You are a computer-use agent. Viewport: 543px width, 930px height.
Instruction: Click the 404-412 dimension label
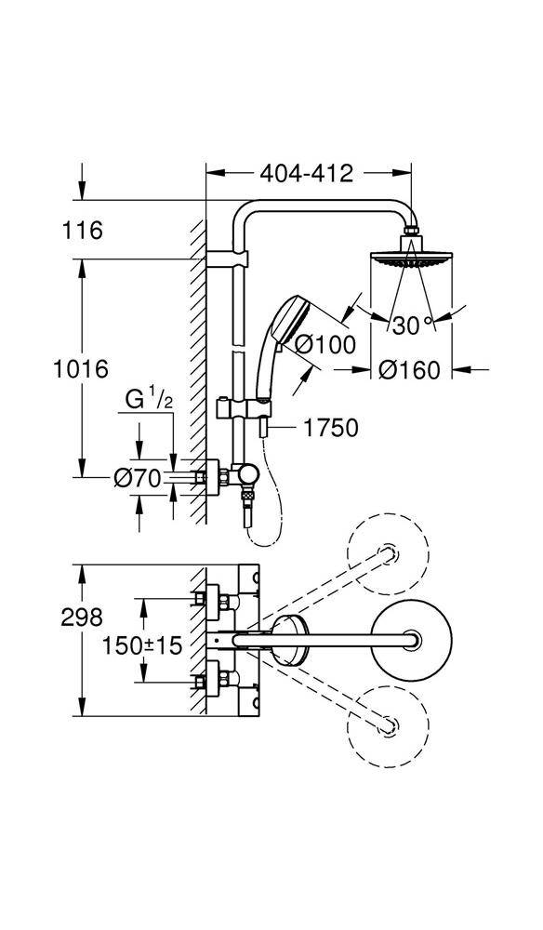(307, 173)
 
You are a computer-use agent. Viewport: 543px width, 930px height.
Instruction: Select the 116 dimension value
(83, 230)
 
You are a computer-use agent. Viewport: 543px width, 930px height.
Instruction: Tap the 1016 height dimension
(81, 369)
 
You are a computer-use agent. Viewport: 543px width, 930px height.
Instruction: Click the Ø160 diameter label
(410, 370)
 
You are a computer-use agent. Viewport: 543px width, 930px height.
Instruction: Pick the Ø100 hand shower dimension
(325, 344)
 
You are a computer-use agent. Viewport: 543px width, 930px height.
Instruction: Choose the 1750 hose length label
(331, 428)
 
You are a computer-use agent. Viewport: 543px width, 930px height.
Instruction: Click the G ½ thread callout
(149, 400)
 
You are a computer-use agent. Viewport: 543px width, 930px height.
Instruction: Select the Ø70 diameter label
(138, 477)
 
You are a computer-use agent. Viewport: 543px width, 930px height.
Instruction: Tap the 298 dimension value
(82, 618)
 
